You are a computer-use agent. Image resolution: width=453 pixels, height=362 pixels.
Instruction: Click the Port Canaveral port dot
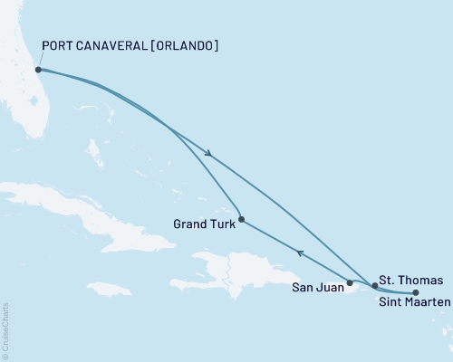coord(38,69)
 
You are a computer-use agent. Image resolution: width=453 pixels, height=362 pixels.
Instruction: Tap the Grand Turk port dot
coord(240,218)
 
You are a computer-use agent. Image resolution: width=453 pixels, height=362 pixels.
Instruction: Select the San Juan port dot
coord(350,283)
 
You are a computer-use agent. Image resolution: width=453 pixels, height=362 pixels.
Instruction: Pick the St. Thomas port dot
coord(374,285)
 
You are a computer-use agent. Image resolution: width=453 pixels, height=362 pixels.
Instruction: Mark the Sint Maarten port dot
coord(416,292)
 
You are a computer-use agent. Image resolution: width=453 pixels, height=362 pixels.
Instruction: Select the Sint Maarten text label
coord(413,304)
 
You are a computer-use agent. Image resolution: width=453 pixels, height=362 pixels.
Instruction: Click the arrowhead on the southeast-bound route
coord(210,154)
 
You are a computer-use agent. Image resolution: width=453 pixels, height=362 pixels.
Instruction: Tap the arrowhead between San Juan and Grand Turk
coord(300,252)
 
